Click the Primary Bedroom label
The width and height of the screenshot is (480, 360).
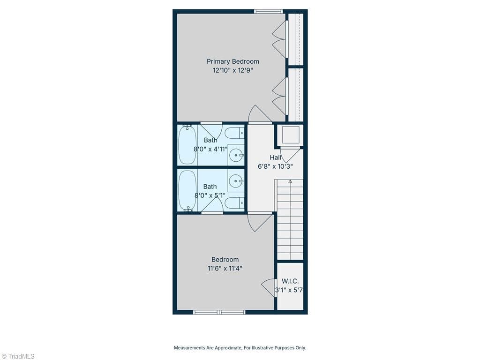(x=232, y=61)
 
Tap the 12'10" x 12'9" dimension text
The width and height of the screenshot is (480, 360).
(x=232, y=70)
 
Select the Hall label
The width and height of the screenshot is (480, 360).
(x=275, y=157)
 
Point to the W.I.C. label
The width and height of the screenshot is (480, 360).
(x=290, y=281)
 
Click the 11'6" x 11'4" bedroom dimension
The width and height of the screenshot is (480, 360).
(x=225, y=269)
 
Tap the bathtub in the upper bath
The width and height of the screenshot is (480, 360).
(x=187, y=144)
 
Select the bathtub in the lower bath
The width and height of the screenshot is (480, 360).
(x=187, y=190)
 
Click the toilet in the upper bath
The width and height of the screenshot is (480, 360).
(x=234, y=133)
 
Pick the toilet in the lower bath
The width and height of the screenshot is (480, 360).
(x=234, y=202)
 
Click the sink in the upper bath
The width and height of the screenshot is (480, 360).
(x=236, y=155)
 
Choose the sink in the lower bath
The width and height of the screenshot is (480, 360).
(x=236, y=181)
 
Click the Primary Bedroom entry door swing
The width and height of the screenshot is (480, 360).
(x=260, y=114)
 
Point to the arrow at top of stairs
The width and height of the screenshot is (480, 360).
(x=290, y=181)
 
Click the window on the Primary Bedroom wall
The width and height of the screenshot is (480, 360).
(x=269, y=12)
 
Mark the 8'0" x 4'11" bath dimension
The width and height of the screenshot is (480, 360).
(x=210, y=150)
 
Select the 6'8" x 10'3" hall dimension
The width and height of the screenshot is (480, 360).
(x=275, y=166)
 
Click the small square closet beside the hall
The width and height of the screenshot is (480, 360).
(x=291, y=135)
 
